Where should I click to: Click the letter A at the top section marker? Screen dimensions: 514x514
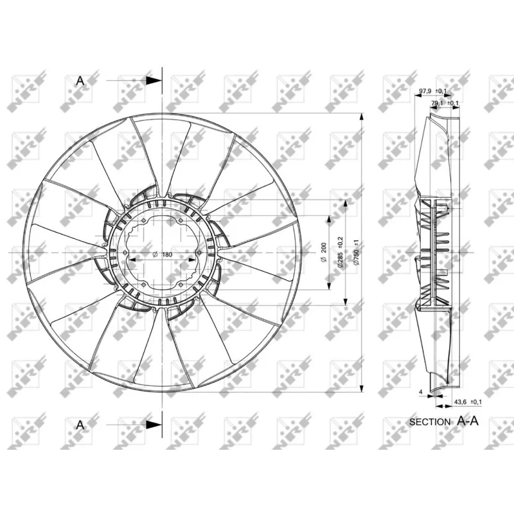coord(80,80)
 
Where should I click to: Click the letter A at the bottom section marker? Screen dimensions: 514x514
coord(80,424)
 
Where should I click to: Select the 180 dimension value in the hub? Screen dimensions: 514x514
coord(167,255)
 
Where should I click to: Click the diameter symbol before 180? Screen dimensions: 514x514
coord(155,255)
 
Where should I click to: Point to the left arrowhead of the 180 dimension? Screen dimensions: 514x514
coord(132,260)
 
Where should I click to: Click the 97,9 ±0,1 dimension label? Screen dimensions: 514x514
coord(431,92)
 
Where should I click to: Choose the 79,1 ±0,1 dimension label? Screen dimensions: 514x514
coord(445,103)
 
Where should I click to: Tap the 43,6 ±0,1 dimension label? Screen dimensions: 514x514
coord(468,402)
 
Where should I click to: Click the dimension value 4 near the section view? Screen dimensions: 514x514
coord(420,391)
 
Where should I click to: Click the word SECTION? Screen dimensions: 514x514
coord(430,422)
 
